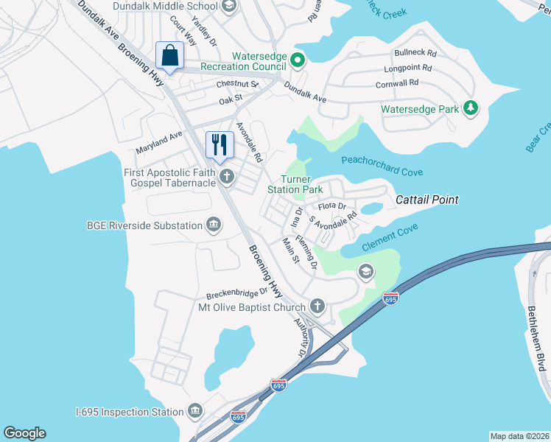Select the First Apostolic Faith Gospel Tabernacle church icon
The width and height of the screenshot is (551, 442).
click(228, 177)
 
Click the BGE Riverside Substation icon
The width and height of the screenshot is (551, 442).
click(214, 225)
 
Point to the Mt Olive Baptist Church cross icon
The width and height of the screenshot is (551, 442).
click(317, 306)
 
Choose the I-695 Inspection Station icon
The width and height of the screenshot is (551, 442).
click(195, 411)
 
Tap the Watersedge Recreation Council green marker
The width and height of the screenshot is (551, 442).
click(297, 60)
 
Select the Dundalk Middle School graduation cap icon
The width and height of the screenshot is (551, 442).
click(228, 7)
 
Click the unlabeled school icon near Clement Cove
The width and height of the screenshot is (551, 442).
click(365, 273)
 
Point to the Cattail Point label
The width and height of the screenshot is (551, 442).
click(427, 200)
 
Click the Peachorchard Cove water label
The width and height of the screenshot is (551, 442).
click(382, 166)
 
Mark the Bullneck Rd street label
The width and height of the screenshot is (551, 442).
click(415, 54)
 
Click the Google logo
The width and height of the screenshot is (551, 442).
click(24, 433)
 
